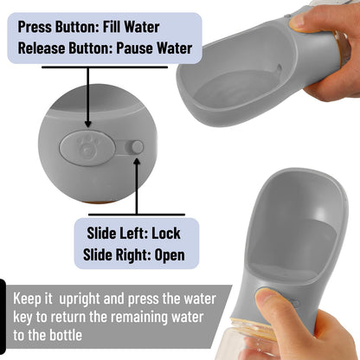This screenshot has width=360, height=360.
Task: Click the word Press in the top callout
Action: click(35, 27)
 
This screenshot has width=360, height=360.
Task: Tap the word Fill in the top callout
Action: click(112, 27)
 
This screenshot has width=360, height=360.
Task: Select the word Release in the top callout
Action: click(42, 48)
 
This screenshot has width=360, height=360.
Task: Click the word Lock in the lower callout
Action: click(166, 233)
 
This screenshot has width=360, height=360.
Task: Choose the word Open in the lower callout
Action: click(170, 255)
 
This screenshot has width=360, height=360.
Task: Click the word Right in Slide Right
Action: click(132, 255)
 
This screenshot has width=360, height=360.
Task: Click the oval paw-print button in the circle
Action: click(87, 148)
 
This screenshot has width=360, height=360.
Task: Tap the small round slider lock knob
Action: click(138, 147)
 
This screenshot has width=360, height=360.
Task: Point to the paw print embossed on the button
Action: click(87, 145)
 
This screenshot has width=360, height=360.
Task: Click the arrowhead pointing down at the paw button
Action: click(88, 124)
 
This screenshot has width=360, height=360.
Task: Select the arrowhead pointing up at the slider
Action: click(137, 161)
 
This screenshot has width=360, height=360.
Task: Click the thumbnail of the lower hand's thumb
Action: click(267, 297)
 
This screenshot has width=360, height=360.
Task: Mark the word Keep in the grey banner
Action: click(27, 299)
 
